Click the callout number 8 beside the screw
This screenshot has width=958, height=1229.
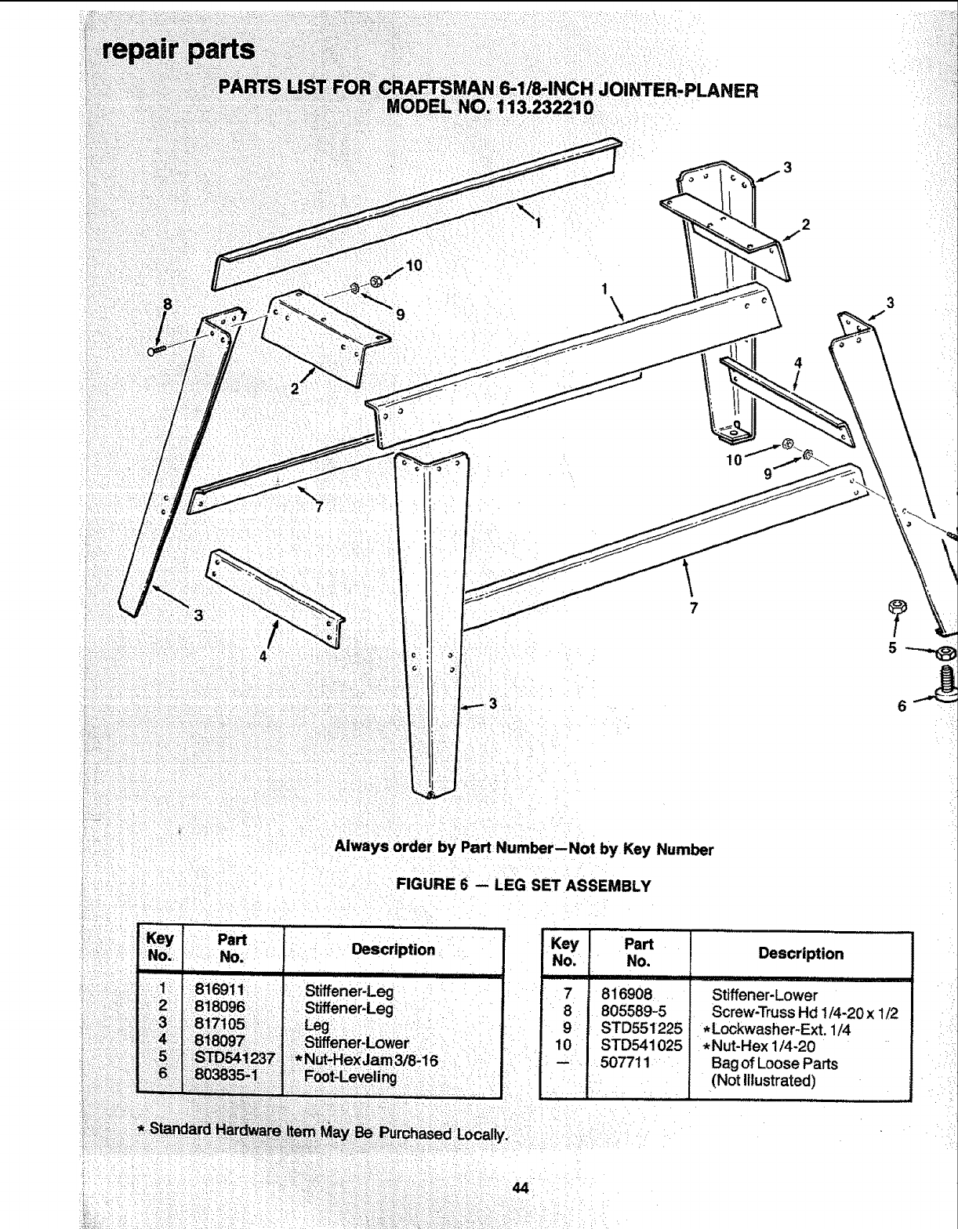click(166, 303)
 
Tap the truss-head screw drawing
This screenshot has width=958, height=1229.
click(156, 350)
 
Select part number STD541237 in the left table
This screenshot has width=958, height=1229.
click(234, 1059)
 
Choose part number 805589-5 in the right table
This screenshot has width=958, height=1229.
click(633, 1012)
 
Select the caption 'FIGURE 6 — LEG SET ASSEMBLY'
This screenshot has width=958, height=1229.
click(524, 886)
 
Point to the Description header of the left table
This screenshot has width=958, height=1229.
click(393, 950)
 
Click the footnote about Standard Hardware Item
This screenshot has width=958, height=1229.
click(322, 1132)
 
